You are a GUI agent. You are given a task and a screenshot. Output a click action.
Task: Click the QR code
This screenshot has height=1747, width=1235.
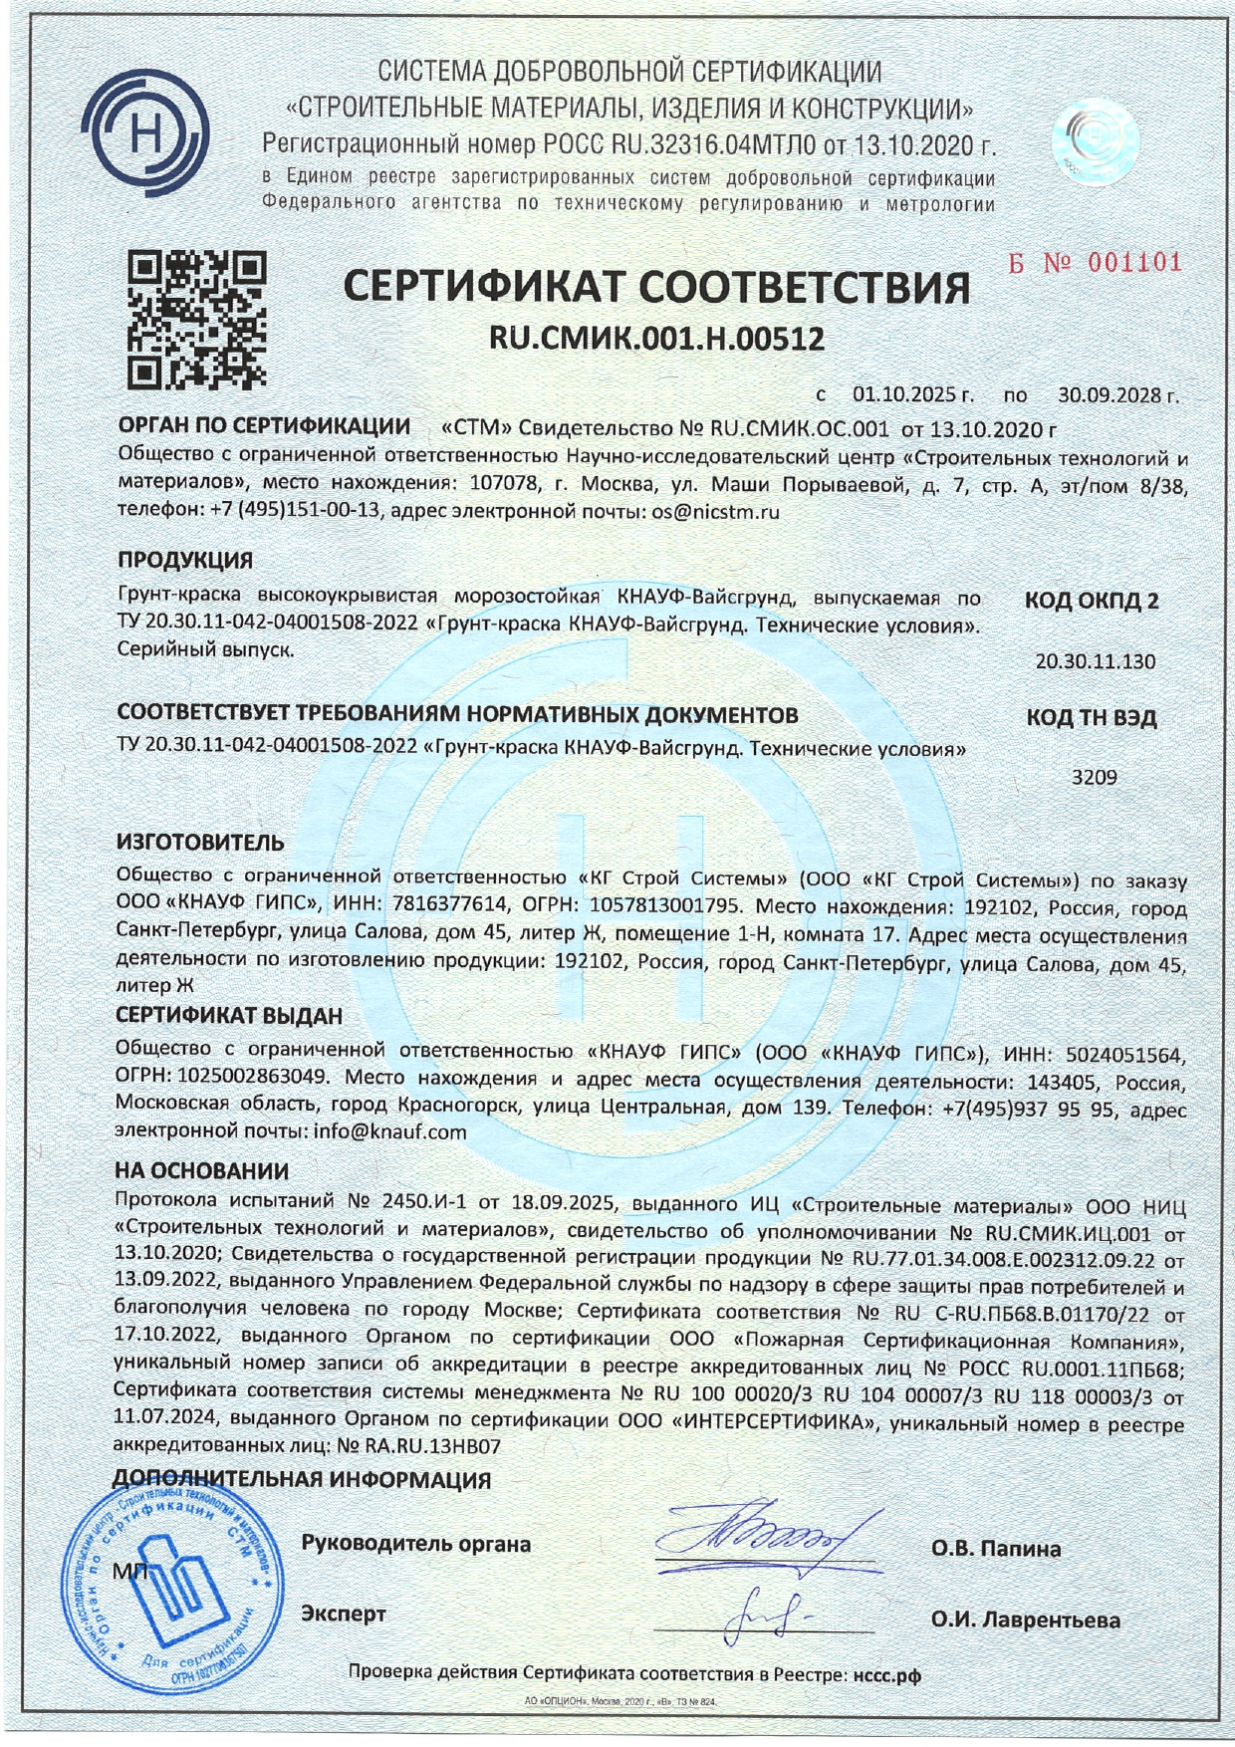(197, 319)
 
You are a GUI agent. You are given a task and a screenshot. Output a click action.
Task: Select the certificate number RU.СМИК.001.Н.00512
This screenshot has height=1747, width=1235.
(656, 340)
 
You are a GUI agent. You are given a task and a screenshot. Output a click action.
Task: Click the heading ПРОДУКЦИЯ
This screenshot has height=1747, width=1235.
(185, 560)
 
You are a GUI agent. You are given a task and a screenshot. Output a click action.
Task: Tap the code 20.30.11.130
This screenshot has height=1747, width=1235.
(1096, 661)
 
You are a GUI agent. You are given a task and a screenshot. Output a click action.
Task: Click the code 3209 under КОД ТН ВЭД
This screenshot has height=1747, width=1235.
(1094, 777)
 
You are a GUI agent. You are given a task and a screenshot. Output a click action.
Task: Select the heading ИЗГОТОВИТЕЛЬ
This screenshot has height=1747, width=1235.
(200, 843)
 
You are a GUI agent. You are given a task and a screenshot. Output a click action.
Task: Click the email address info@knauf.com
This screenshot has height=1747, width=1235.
(389, 1131)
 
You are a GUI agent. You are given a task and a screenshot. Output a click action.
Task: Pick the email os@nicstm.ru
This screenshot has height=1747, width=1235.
(714, 512)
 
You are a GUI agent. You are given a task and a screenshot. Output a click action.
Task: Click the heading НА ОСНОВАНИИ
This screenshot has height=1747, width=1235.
(202, 1171)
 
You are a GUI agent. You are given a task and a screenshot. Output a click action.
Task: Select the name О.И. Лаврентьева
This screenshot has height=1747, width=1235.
(1025, 1621)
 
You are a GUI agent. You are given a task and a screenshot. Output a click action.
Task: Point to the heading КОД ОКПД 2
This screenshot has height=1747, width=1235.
(1092, 602)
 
